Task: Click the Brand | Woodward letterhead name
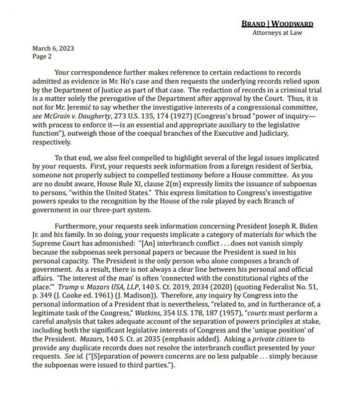click(277, 24)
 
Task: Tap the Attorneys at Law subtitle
click(277, 33)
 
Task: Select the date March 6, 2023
click(53, 48)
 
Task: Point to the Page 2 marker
click(42, 56)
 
